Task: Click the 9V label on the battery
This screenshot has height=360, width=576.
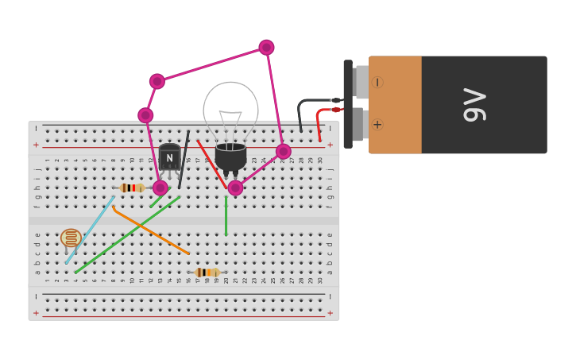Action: coord(474,105)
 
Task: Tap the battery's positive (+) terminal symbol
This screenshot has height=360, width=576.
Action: coord(377,124)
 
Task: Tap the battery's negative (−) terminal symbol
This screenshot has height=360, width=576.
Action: coord(377,82)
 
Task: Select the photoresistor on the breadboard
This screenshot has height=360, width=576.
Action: coord(71,238)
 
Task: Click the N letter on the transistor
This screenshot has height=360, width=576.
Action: coord(169,157)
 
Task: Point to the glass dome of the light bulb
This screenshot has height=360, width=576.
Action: coord(230,107)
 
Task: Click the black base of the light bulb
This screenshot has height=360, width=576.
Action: coord(230,155)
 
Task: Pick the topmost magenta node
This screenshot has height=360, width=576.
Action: coord(266,48)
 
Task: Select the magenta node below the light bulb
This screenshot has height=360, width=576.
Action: coord(235,188)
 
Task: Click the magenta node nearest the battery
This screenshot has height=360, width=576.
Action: coord(284,151)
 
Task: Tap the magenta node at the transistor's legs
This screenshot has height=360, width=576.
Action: coord(160,188)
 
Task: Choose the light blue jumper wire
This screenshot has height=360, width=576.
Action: coord(90,230)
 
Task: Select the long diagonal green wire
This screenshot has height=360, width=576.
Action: coord(127,235)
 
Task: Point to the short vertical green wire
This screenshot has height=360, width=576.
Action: coord(226,216)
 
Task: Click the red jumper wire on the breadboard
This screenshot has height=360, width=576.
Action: coord(211,163)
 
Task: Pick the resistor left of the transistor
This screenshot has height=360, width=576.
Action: coord(131,188)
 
